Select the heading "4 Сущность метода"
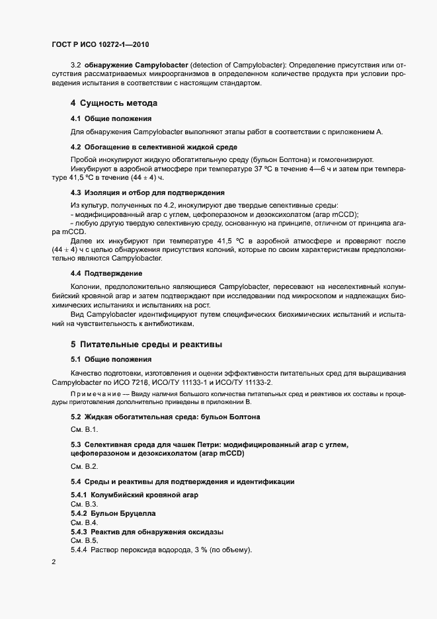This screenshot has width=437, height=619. (113, 103)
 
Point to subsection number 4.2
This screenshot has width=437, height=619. (75, 146)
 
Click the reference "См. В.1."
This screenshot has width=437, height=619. (85, 429)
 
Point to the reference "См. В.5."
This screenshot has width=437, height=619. (84, 540)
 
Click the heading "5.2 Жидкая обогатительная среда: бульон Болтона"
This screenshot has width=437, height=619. (165, 417)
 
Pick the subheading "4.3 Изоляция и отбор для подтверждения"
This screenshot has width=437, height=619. (139, 192)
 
